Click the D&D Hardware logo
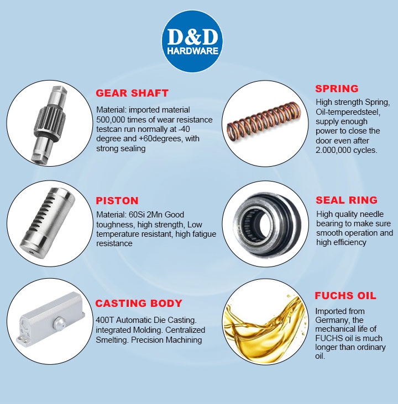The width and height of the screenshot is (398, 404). point(192,41)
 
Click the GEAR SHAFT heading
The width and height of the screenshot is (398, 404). point(132,93)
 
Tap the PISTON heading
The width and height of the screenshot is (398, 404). point(117,201)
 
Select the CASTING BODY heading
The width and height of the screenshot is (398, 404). point(139,303)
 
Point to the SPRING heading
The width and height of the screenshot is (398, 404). point(337,89)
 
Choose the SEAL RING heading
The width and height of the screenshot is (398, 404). point(347,200)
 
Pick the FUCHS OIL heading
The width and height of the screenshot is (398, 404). point(345,295)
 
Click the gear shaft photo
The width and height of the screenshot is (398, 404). point(49,124)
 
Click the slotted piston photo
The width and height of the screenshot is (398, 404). point(48,223)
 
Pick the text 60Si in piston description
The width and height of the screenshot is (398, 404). point(137,215)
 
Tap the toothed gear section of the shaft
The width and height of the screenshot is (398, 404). point(50,121)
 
